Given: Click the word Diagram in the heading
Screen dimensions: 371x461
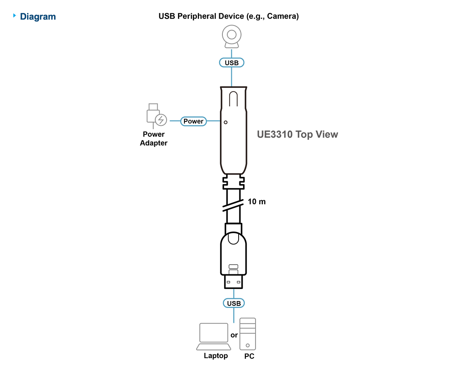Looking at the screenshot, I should click(38, 17).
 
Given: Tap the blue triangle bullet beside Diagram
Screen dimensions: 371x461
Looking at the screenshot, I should click(15, 16).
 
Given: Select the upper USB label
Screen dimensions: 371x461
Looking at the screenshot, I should click(232, 63).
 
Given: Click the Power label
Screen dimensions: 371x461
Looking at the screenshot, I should click(194, 121).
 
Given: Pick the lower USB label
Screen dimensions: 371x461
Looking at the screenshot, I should click(234, 303).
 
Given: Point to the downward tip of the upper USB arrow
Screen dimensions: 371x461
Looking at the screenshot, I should click(232, 85).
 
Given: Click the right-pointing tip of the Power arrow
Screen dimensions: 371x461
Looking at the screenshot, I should click(219, 121).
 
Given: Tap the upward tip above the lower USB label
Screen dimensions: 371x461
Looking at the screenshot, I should click(233, 290).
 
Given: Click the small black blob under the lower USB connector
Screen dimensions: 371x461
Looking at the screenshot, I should click(234, 335).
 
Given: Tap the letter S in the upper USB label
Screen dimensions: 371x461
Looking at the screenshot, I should click(232, 63).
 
